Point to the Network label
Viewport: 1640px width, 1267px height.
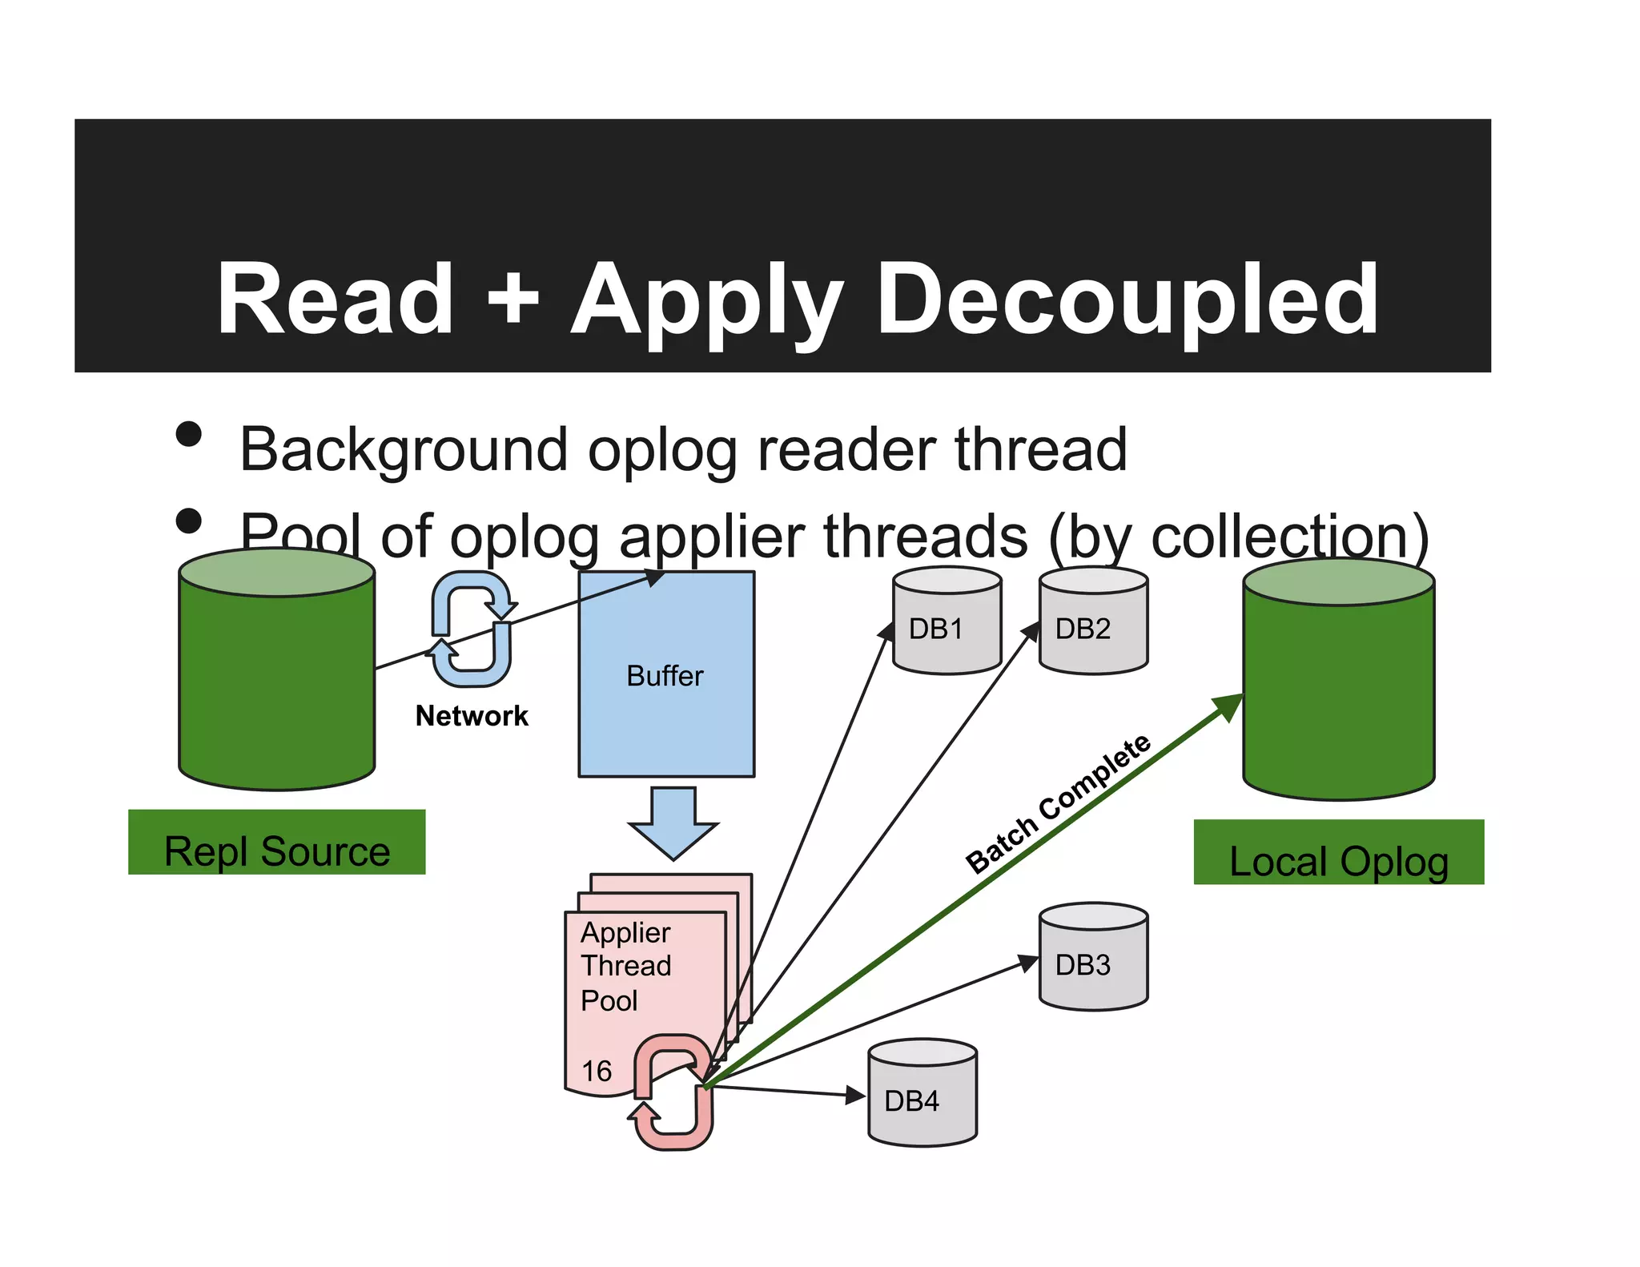[x=472, y=716]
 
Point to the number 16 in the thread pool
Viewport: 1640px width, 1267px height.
[x=597, y=1072]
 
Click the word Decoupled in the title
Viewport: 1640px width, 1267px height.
[x=1127, y=300]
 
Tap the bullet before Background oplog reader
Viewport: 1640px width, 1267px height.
[x=189, y=435]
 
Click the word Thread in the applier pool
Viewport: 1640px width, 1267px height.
[x=626, y=966]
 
